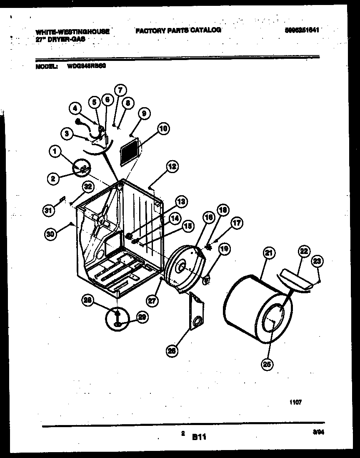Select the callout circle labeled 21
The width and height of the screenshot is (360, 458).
click(x=269, y=253)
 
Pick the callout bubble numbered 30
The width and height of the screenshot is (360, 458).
click(x=51, y=235)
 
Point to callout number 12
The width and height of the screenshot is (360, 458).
click(x=172, y=166)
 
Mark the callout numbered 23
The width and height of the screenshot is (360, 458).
click(x=318, y=261)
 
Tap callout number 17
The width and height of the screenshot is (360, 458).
click(x=237, y=223)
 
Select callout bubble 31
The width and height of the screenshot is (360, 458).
click(x=49, y=211)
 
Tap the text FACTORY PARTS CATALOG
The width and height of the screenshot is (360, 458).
click(x=177, y=30)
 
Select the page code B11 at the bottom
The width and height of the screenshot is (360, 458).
click(x=199, y=437)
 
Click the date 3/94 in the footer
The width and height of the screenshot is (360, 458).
click(x=319, y=433)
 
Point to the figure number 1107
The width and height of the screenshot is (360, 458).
click(x=296, y=402)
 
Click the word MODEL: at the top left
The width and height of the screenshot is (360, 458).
click(x=46, y=66)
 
